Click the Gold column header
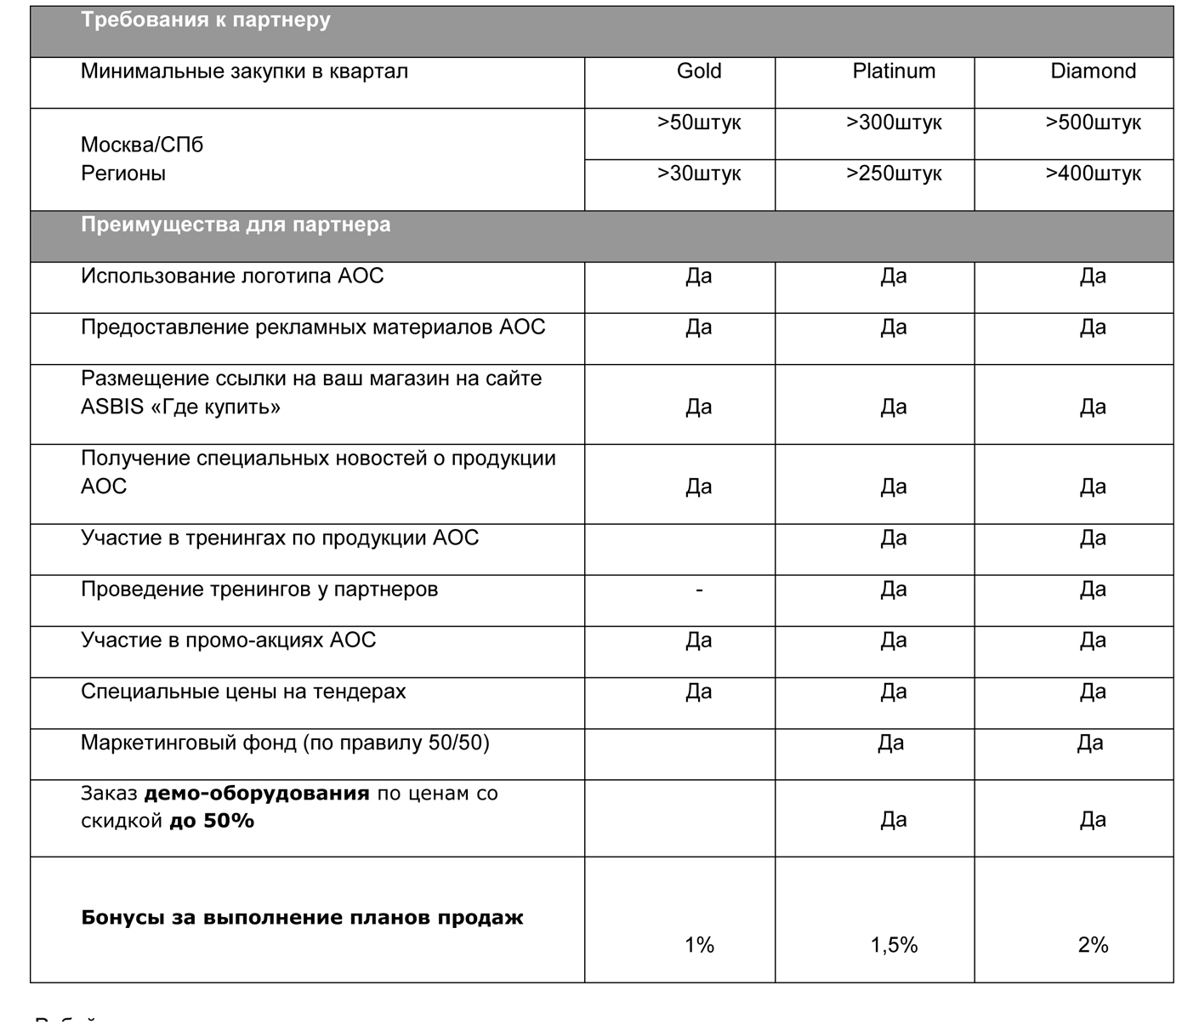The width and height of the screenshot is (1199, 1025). click(x=699, y=71)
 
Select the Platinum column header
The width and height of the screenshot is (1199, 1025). click(x=894, y=71)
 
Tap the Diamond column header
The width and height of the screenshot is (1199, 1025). click(x=1093, y=71)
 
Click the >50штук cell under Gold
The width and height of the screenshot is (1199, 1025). click(x=699, y=123)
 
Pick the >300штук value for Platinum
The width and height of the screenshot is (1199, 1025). click(x=894, y=123)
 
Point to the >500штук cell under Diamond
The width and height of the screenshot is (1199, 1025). click(x=1093, y=123)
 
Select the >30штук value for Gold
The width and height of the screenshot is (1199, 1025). click(x=699, y=174)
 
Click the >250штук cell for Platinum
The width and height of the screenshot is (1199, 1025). click(x=894, y=174)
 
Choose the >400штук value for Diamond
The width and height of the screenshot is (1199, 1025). click(x=1093, y=174)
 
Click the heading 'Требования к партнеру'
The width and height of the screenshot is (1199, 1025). click(x=206, y=20)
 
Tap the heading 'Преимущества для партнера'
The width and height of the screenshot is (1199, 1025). click(x=236, y=225)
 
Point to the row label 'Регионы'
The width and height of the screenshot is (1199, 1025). click(x=123, y=174)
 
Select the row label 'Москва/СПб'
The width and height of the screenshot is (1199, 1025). click(x=142, y=145)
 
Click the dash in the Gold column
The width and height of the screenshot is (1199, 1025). click(x=699, y=589)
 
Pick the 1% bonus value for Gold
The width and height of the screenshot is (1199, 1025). click(x=699, y=945)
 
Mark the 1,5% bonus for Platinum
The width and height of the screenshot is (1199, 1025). click(x=894, y=945)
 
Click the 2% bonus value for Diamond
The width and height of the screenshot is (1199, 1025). click(x=1093, y=945)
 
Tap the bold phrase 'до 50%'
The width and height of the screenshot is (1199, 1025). click(x=212, y=822)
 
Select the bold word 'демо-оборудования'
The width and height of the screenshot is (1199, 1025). click(x=257, y=794)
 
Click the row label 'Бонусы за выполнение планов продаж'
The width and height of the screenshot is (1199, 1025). click(x=302, y=918)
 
